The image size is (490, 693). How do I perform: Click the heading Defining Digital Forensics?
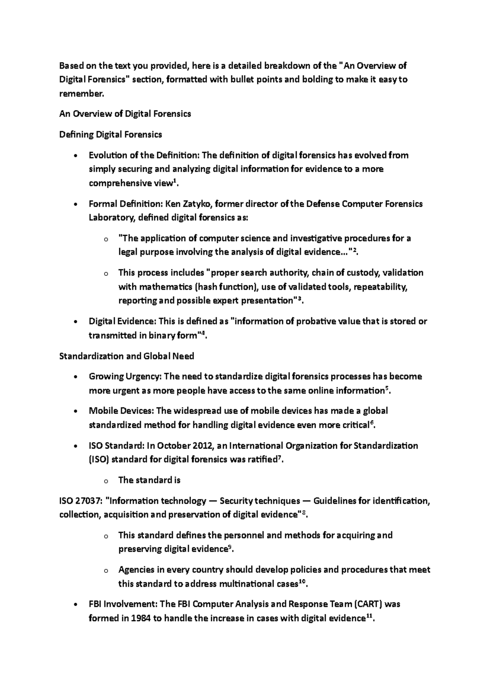(x=111, y=134)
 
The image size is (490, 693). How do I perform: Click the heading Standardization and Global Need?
(x=127, y=356)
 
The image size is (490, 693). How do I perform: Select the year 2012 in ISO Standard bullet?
(x=198, y=446)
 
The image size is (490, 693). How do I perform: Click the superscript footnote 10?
(x=301, y=581)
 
